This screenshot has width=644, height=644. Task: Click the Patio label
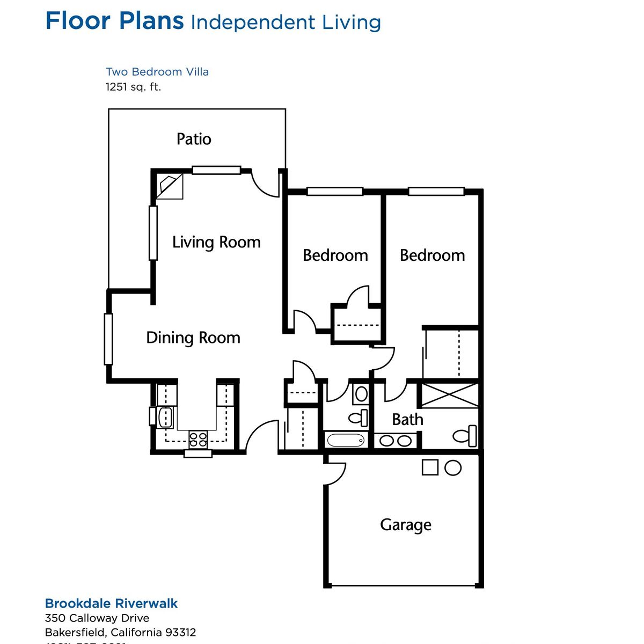(194, 139)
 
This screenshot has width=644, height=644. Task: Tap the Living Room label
(216, 242)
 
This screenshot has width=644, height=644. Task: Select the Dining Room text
(193, 338)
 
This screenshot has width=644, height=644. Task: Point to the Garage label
(406, 524)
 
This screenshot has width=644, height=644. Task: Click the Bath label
(407, 419)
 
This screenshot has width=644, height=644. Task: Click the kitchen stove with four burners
(198, 440)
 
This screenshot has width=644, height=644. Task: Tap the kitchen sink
(166, 417)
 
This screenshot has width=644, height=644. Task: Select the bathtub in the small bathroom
(346, 441)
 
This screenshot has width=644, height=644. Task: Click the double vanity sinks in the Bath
(396, 441)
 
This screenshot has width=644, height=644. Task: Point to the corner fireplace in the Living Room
(170, 186)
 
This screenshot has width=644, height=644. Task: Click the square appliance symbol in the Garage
(430, 467)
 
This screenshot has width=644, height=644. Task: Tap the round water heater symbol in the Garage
(453, 467)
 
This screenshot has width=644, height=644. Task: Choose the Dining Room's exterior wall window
(108, 339)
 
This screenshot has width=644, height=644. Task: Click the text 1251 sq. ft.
(133, 86)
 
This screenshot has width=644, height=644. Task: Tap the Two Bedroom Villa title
(157, 72)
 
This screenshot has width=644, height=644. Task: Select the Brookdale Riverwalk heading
(111, 603)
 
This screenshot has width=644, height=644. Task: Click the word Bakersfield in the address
(75, 632)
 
